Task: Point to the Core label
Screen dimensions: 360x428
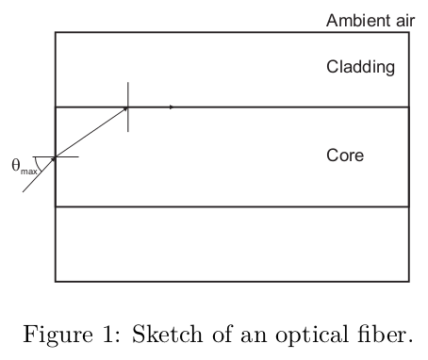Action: (x=345, y=155)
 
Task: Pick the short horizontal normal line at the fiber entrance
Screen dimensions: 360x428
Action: (x=69, y=157)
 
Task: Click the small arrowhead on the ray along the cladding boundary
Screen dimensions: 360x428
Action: (x=171, y=107)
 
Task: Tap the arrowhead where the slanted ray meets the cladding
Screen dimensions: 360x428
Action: (x=125, y=109)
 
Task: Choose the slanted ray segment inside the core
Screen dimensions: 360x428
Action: (x=91, y=133)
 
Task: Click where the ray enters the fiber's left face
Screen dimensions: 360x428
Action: (x=56, y=157)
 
